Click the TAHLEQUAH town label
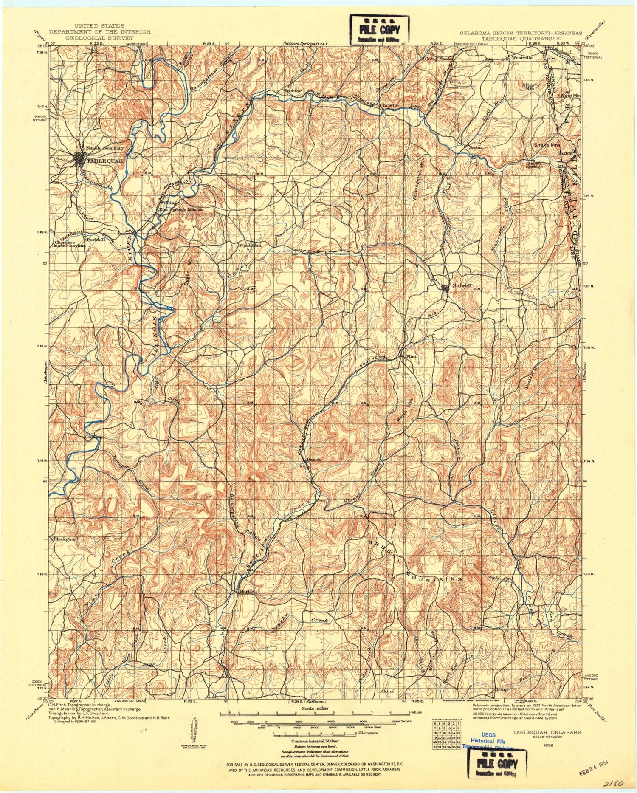click(105, 161)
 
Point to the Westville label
click(522, 57)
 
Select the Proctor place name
click(293, 90)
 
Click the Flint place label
click(411, 356)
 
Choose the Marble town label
click(247, 591)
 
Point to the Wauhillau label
click(250, 245)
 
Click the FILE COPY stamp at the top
click(380, 30)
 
